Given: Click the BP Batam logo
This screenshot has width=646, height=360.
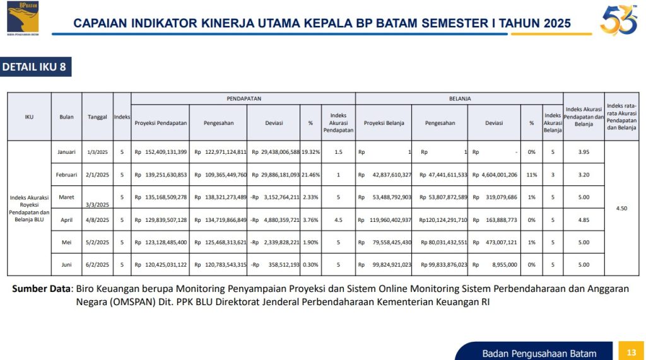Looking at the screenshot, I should pos(23,18).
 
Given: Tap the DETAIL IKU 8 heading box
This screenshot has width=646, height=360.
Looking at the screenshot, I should pos(35,67).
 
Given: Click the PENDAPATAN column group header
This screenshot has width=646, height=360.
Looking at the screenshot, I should pos(244,99).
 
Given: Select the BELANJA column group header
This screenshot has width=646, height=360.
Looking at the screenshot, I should pos(460,99).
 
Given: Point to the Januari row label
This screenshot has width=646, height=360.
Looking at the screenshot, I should pos(66,152).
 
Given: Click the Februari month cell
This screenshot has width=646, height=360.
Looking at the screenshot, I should pos(66,175).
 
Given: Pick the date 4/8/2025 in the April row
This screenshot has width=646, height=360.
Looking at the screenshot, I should pos(98,220).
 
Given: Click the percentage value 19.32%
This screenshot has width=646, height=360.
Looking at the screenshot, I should pos(310,152).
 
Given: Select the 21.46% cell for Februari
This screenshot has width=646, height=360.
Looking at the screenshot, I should pos(310,175).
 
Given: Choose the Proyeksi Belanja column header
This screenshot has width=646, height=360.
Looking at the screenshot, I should pos(384,123).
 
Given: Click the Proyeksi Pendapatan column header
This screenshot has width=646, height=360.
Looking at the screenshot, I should pos(161,123).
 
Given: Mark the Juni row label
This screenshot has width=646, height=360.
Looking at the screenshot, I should pos(66,265).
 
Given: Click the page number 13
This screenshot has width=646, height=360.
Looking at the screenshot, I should pos(630,351).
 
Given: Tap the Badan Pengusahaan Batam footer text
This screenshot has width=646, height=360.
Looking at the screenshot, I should pos(539,353).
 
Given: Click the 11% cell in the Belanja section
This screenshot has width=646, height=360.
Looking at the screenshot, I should pos(531,175).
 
